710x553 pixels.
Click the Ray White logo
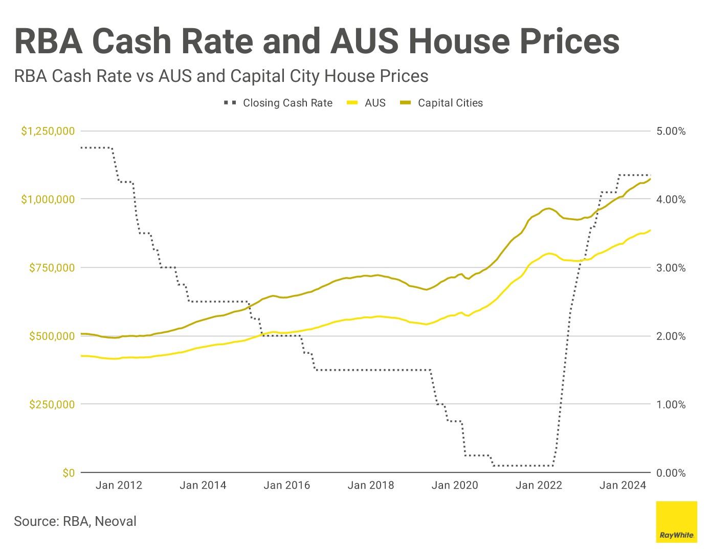(x=676, y=522)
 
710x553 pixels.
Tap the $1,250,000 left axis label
(x=48, y=131)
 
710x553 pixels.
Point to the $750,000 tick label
(x=52, y=268)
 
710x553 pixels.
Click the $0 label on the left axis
(x=69, y=473)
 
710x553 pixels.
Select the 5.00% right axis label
(x=671, y=131)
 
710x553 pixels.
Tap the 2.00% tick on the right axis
(x=671, y=336)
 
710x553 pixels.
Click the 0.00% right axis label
(x=671, y=473)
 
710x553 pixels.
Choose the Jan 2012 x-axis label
(x=119, y=485)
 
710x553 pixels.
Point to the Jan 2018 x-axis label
(x=371, y=485)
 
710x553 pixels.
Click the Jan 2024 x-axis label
(x=623, y=485)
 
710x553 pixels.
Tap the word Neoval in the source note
(x=116, y=521)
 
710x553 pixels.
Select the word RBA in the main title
(x=49, y=41)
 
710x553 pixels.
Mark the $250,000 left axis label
(x=52, y=405)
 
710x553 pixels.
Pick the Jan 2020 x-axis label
(x=455, y=485)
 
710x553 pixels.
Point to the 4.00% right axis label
(x=671, y=200)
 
